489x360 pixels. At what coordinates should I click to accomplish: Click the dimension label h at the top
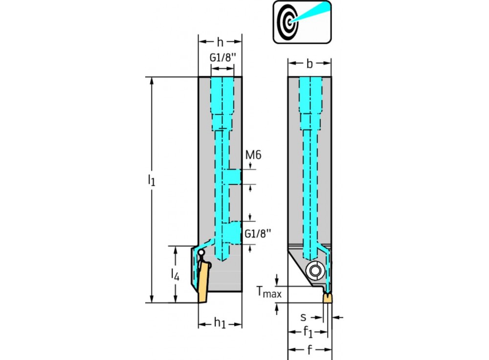tap(220, 42)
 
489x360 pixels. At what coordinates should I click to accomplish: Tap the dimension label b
tap(310, 63)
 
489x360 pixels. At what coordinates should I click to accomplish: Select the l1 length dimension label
tap(151, 180)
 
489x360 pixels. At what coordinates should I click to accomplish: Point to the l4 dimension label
tap(175, 274)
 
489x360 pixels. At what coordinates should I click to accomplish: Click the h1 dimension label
tap(220, 323)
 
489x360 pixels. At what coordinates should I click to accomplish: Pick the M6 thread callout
tap(253, 155)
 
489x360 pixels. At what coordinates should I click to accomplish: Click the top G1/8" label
tap(222, 58)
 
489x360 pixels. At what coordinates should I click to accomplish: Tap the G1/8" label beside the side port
tap(258, 233)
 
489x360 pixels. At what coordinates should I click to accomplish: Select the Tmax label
tap(269, 292)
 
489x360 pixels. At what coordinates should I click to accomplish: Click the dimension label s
tap(304, 317)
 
